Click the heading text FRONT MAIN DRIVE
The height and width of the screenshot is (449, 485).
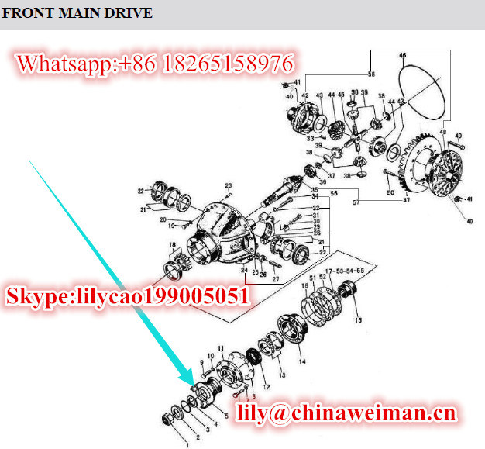pyautogui.click(x=77, y=13)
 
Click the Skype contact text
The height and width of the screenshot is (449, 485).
pyautogui.click(x=128, y=295)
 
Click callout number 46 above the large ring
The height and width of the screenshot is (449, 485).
pyautogui.click(x=402, y=56)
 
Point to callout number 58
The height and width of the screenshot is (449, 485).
pyautogui.click(x=371, y=74)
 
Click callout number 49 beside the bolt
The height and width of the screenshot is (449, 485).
pyautogui.click(x=459, y=136)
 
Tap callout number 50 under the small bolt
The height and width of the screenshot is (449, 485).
pyautogui.click(x=390, y=192)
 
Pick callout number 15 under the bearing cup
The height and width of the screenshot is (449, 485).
pyautogui.click(x=358, y=320)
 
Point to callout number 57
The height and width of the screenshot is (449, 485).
pyautogui.click(x=356, y=202)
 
